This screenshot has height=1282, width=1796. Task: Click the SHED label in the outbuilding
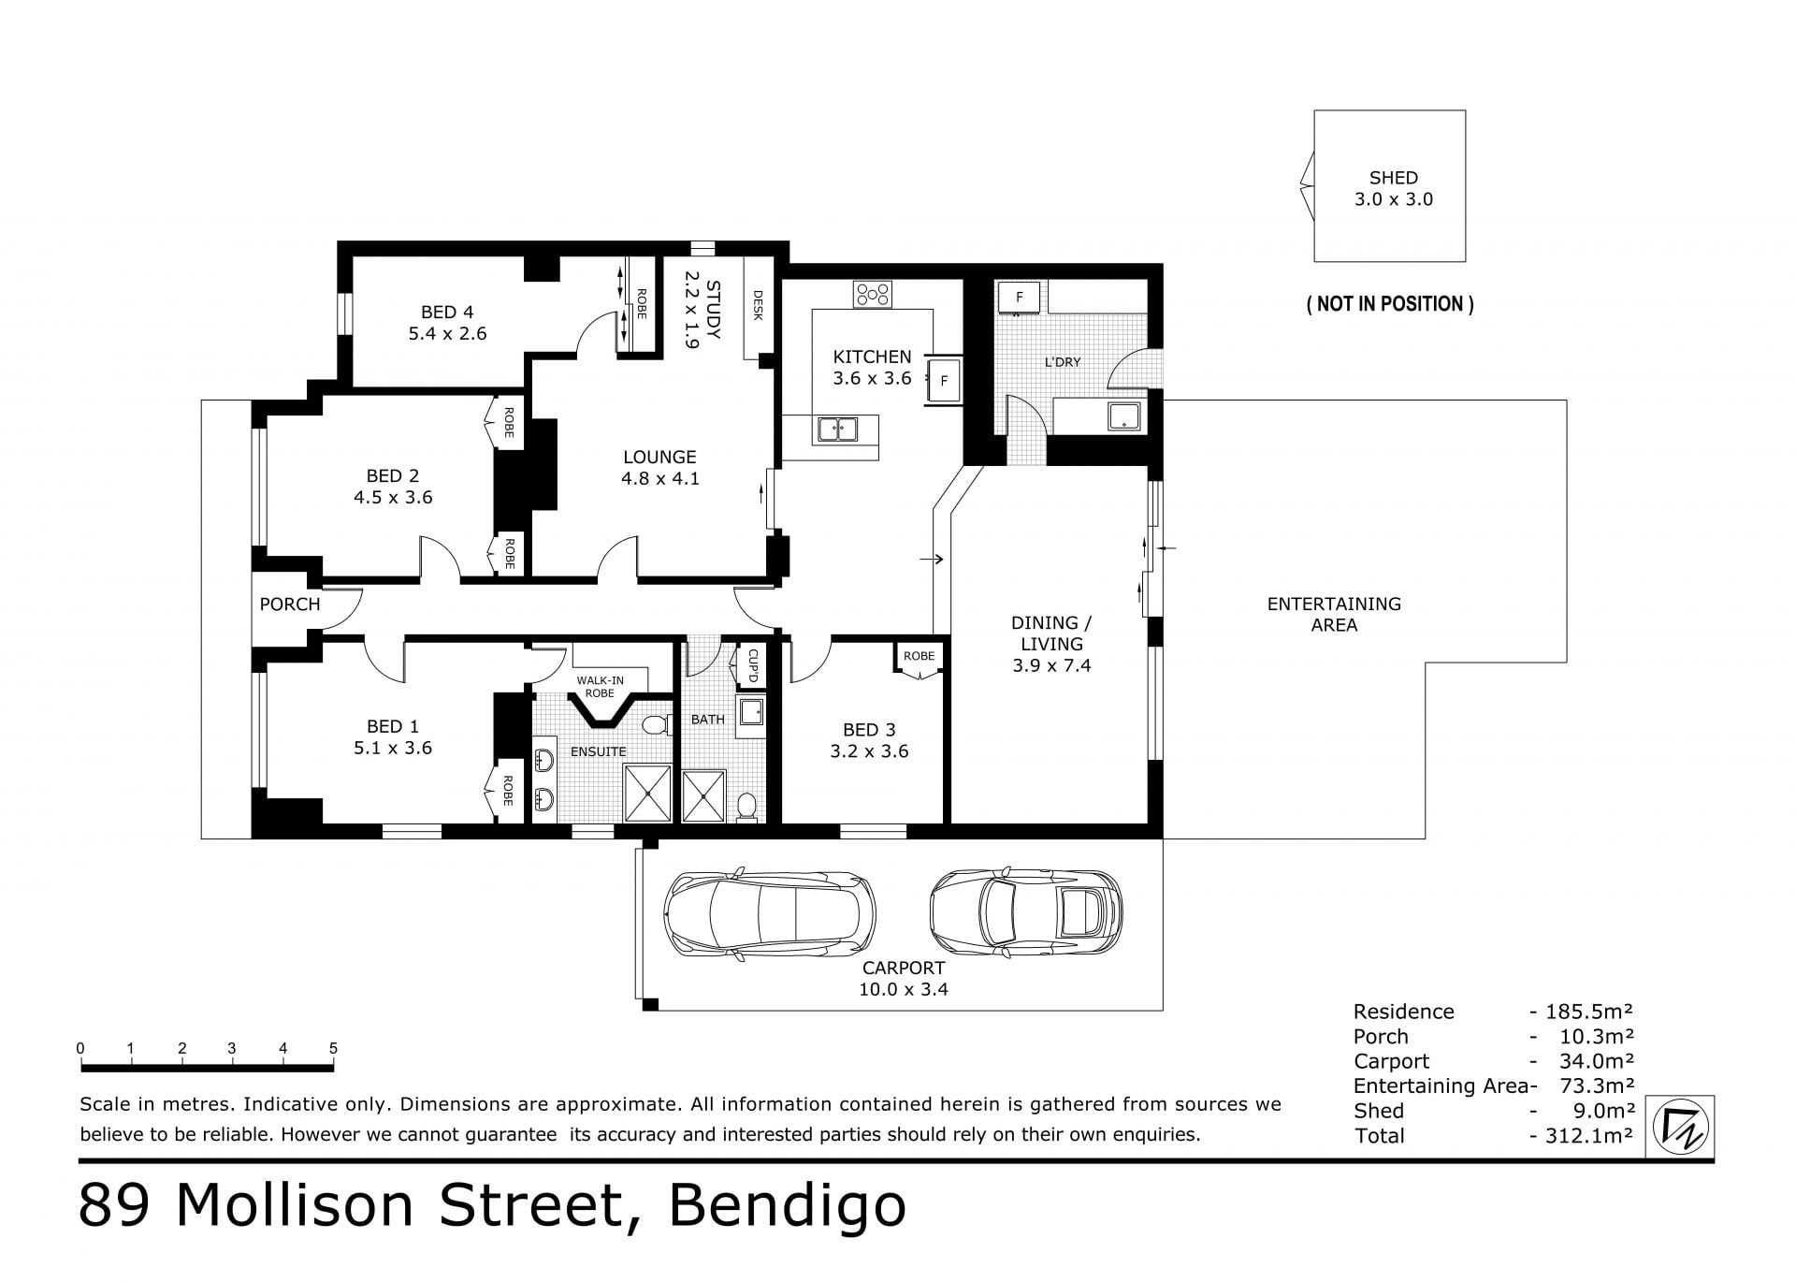[x=1393, y=178]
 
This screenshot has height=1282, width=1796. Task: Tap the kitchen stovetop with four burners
[x=872, y=295]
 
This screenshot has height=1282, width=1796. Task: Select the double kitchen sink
[x=838, y=430]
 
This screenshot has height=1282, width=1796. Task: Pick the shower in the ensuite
[x=647, y=794]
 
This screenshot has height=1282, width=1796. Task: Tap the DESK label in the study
[x=758, y=305]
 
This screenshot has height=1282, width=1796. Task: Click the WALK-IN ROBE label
[x=600, y=687]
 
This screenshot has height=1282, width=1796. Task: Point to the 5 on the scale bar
[x=333, y=1048]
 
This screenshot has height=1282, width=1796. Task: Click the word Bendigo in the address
[x=787, y=1205]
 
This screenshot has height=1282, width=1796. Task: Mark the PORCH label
[x=290, y=605]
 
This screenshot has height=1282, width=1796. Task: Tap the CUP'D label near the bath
[x=753, y=666]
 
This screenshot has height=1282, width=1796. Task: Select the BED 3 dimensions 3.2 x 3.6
[x=869, y=751]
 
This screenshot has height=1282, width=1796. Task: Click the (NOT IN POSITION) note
[x=1390, y=304]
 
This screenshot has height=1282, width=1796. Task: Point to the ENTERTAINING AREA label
[x=1334, y=615]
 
